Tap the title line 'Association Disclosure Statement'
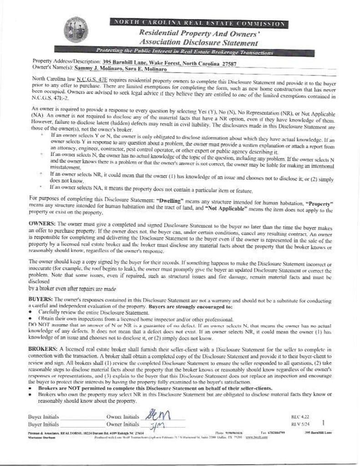point(198,43)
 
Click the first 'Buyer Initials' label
point(43,416)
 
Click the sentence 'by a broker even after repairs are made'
point(72,289)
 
